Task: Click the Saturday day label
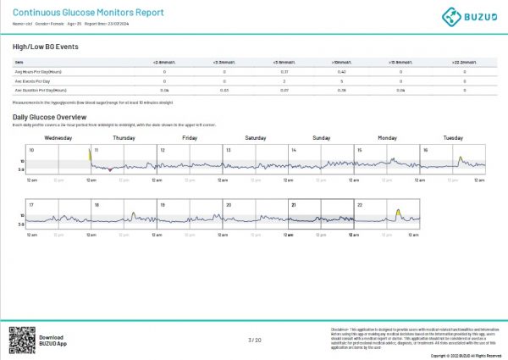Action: [x=255, y=136]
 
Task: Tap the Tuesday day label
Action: [x=453, y=136]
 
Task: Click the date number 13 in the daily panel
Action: [x=228, y=150]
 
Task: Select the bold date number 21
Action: [x=294, y=205]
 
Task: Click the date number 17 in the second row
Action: [x=31, y=205]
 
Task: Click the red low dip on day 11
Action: [x=110, y=169]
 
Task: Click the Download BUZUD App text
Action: [x=51, y=340]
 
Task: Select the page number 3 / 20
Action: [x=254, y=340]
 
